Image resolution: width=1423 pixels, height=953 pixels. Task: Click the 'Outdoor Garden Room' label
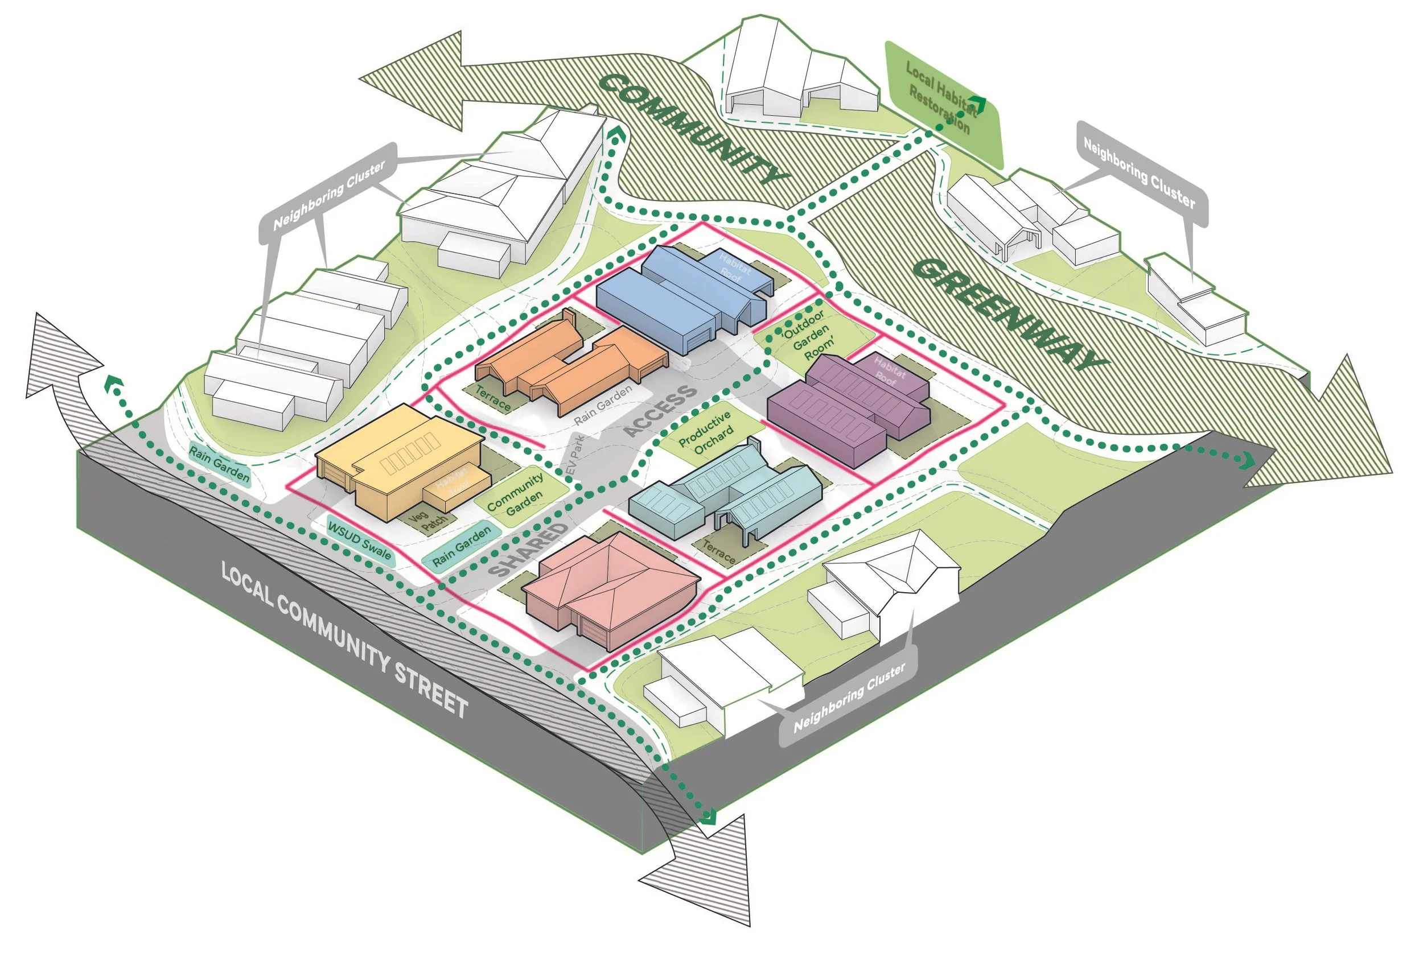coord(808,335)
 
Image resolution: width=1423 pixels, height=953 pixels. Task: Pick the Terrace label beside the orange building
coord(493,399)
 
